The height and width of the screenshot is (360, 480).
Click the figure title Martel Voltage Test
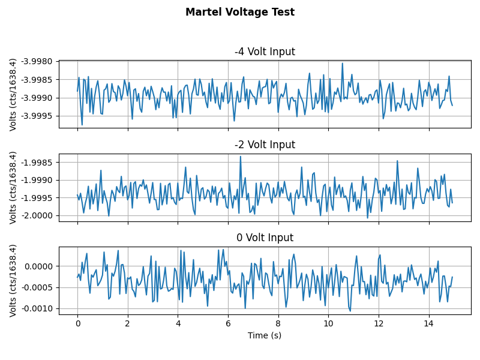tap(240, 12)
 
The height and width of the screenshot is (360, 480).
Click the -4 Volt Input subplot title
tap(265, 52)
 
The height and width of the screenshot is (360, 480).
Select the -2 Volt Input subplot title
tap(265, 145)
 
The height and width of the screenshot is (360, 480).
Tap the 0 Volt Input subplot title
tap(265, 238)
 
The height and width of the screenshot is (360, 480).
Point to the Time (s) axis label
tap(265, 335)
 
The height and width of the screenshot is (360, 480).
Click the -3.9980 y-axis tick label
tap(37, 62)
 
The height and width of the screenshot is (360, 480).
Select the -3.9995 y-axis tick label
tap(37, 116)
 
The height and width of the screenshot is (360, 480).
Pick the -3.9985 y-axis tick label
tap(37, 80)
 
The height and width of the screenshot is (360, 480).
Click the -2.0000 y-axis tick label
tap(37, 215)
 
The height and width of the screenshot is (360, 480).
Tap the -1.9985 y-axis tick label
tap(37, 163)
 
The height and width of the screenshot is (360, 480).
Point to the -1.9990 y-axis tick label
tap(37, 180)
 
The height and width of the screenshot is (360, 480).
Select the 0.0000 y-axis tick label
tap(39, 266)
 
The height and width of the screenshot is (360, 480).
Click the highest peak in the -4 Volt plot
tap(343, 64)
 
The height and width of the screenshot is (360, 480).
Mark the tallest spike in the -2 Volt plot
tap(241, 157)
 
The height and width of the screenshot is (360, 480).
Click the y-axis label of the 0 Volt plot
tap(13, 280)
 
